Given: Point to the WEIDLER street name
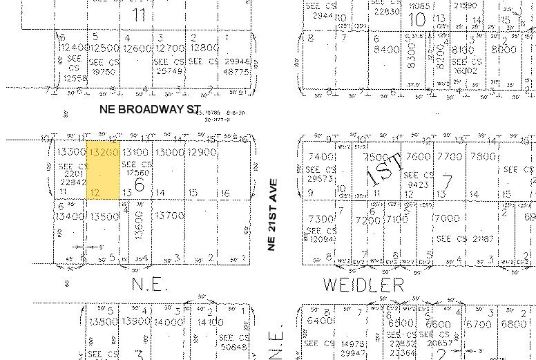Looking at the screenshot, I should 363,284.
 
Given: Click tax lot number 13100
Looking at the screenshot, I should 135,152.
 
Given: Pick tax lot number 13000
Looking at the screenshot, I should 169,152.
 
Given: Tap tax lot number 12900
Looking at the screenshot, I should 202,152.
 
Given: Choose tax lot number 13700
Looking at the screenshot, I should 169,216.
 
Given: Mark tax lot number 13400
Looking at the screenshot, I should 71,216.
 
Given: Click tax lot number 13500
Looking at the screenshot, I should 105,216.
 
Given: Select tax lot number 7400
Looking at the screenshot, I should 320,158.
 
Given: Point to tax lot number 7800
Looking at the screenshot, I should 484,157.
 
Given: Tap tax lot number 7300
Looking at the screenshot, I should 320,219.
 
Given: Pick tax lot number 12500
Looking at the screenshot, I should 105,48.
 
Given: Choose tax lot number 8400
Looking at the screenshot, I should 386,49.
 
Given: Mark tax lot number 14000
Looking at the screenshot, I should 169,321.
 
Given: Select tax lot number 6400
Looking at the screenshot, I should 320,321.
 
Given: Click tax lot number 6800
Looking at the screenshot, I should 513,323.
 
